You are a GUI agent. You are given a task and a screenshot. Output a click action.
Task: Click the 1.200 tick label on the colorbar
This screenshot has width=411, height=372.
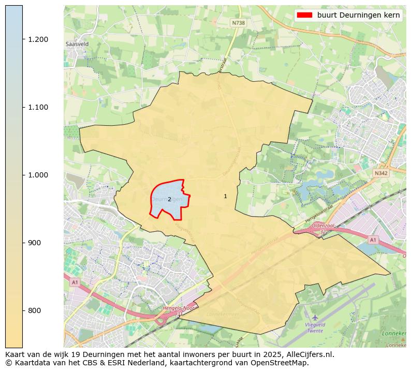[x=38, y=39]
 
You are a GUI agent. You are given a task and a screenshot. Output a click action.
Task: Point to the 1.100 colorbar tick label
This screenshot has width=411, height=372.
[x=38, y=107]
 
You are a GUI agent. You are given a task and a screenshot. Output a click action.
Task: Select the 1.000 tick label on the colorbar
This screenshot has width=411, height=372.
[x=38, y=175]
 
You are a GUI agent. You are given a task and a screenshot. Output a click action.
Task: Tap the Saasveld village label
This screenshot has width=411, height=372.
[x=77, y=44]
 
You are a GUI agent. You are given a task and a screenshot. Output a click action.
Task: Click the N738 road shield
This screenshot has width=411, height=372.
[x=238, y=23]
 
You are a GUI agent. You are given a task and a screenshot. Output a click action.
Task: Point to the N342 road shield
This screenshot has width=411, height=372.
[x=380, y=173]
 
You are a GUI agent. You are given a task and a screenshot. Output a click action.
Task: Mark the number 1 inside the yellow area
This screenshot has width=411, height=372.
[x=225, y=196]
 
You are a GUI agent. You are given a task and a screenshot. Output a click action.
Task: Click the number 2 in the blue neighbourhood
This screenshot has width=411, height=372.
[x=169, y=199]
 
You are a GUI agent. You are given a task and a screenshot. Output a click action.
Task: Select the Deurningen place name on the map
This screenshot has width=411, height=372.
[x=167, y=199]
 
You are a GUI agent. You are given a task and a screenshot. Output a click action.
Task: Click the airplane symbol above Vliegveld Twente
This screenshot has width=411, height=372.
[x=315, y=317]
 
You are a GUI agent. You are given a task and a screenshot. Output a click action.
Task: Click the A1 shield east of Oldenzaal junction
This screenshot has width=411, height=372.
[x=372, y=240]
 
